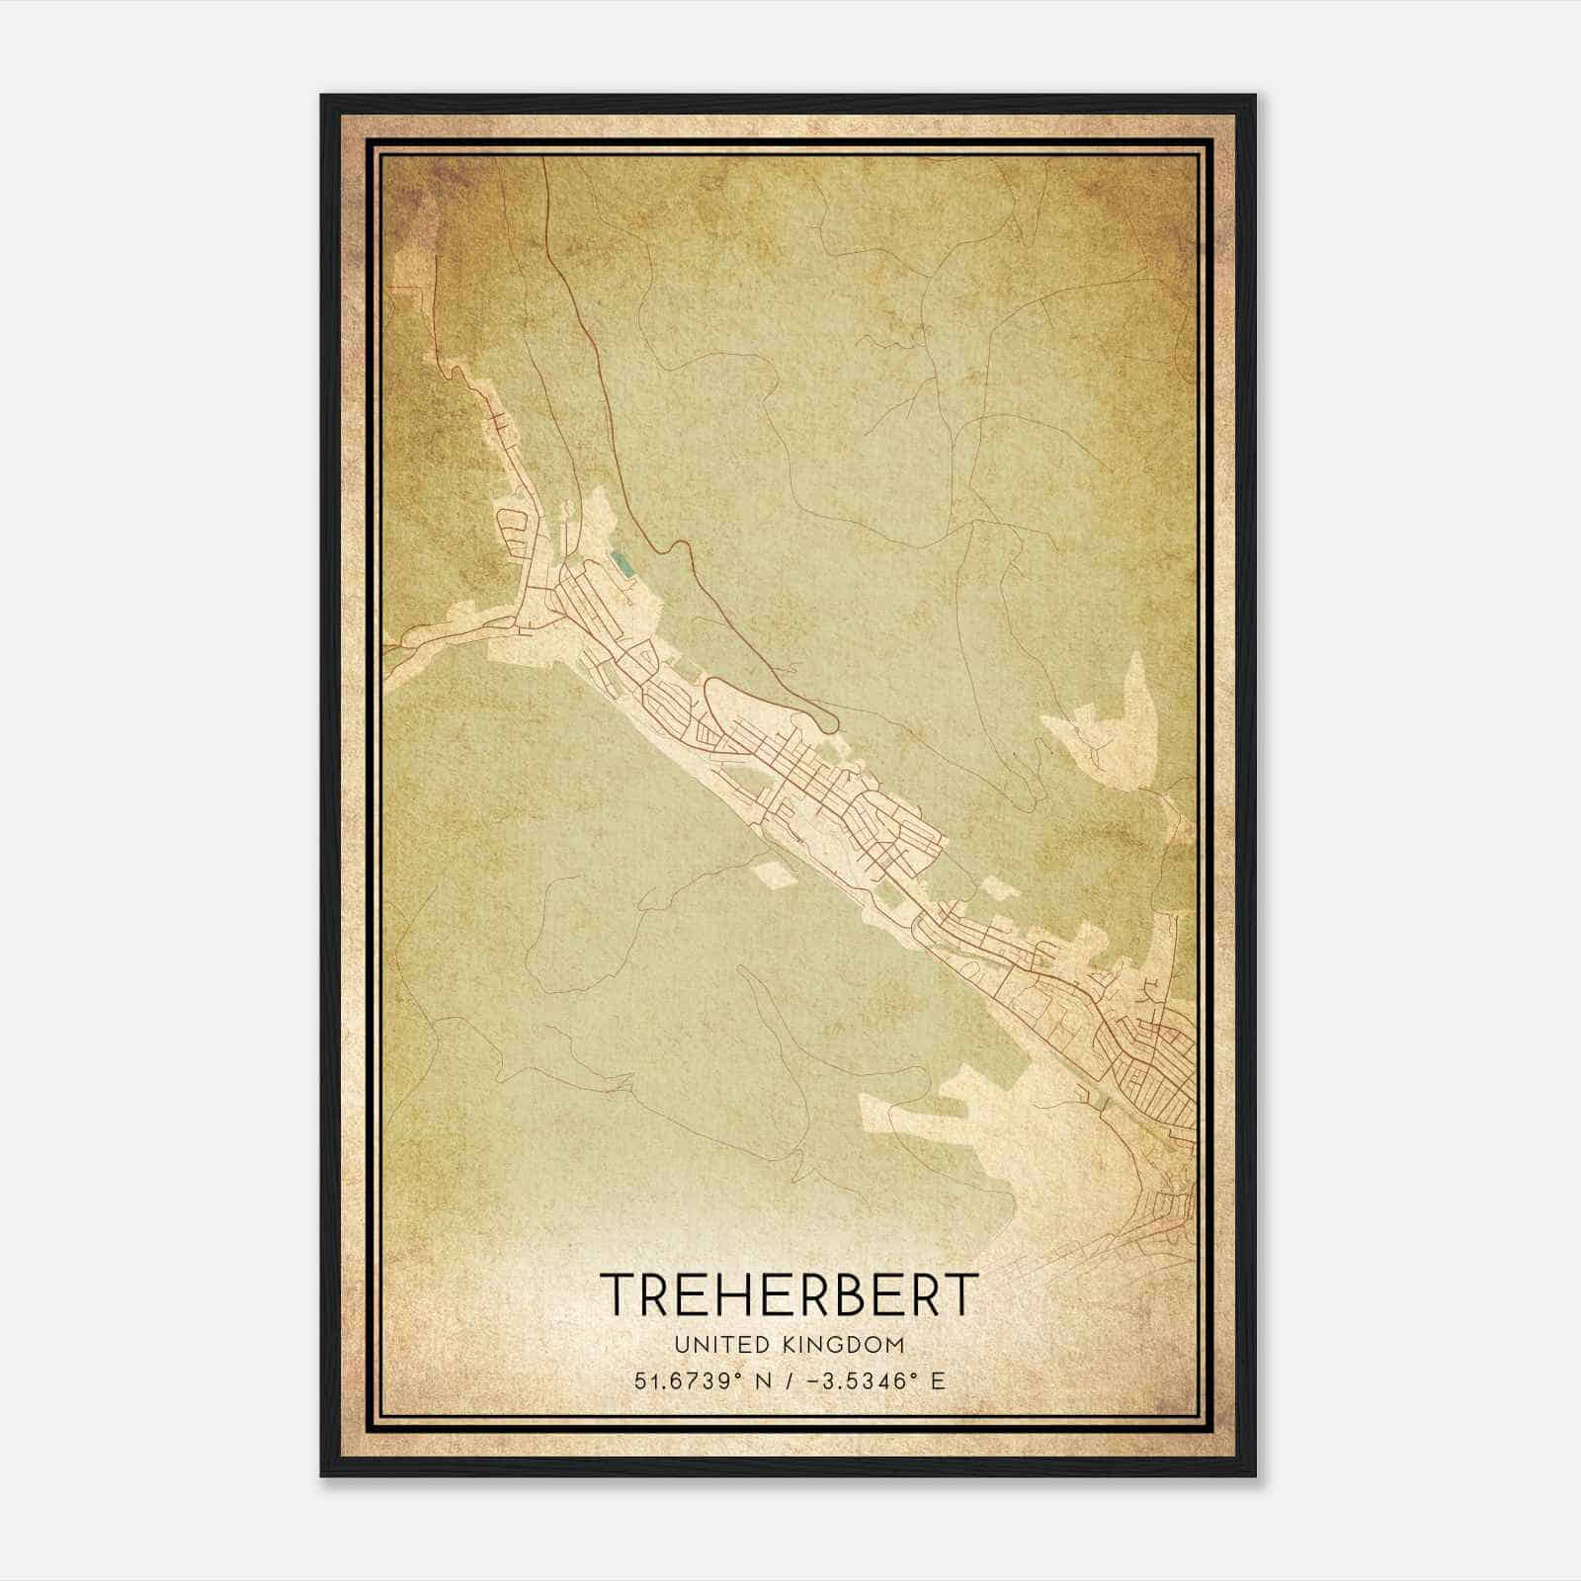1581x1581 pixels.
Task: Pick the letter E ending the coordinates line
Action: pyautogui.click(x=938, y=1380)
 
